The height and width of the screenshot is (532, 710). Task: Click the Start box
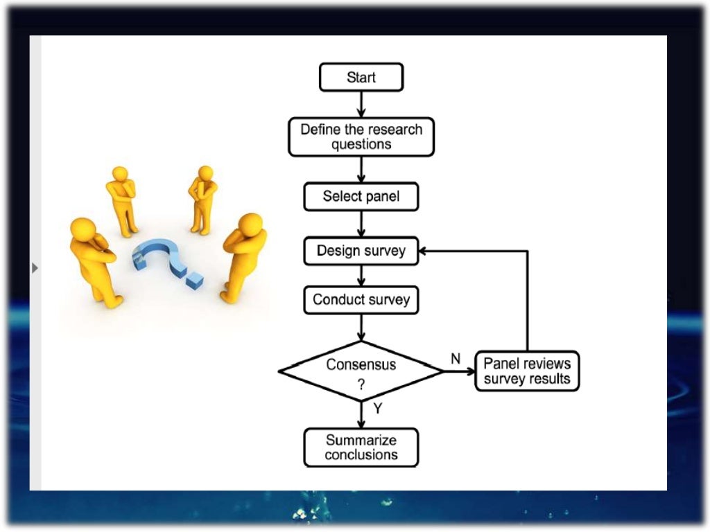click(x=361, y=77)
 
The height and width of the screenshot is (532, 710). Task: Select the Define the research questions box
click(x=361, y=136)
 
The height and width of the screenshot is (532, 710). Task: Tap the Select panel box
click(x=361, y=197)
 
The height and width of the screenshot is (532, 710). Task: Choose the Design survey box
click(x=361, y=251)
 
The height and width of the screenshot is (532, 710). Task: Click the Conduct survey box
click(x=361, y=300)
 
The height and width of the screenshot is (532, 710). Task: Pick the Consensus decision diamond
click(x=361, y=371)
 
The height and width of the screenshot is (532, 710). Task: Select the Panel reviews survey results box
click(x=527, y=371)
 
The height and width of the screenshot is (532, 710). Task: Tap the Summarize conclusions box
click(x=361, y=447)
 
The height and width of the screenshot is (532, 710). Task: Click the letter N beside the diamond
click(x=456, y=359)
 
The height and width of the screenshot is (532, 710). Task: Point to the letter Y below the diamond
click(x=377, y=409)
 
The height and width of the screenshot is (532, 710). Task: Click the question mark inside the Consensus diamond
click(x=361, y=385)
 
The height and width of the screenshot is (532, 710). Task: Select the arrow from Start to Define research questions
click(x=361, y=104)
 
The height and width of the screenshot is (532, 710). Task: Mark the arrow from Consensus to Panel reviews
click(x=459, y=371)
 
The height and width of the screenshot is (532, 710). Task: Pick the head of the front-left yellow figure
click(x=84, y=229)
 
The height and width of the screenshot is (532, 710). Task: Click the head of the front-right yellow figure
click(x=251, y=224)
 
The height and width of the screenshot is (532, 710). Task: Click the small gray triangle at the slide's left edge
click(x=35, y=267)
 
